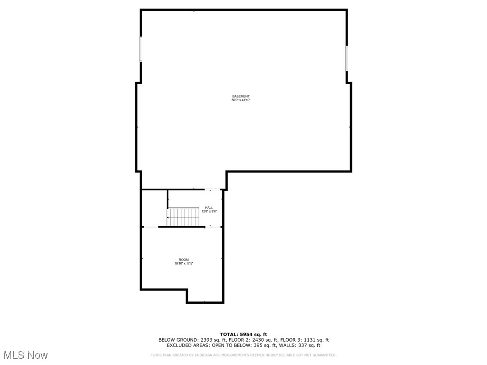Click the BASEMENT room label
pyautogui.click(x=241, y=96)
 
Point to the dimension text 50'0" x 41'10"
pyautogui.click(x=241, y=100)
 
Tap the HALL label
pyautogui.click(x=209, y=208)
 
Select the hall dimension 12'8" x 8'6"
pyautogui.click(x=209, y=211)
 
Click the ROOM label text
pyautogui.click(x=184, y=259)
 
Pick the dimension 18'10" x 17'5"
pyautogui.click(x=184, y=263)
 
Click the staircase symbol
pyautogui.click(x=184, y=217)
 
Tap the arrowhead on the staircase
pyautogui.click(x=168, y=218)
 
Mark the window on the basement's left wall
pyautogui.click(x=141, y=49)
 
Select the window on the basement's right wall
pyautogui.click(x=347, y=58)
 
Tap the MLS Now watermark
pyautogui.click(x=26, y=355)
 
